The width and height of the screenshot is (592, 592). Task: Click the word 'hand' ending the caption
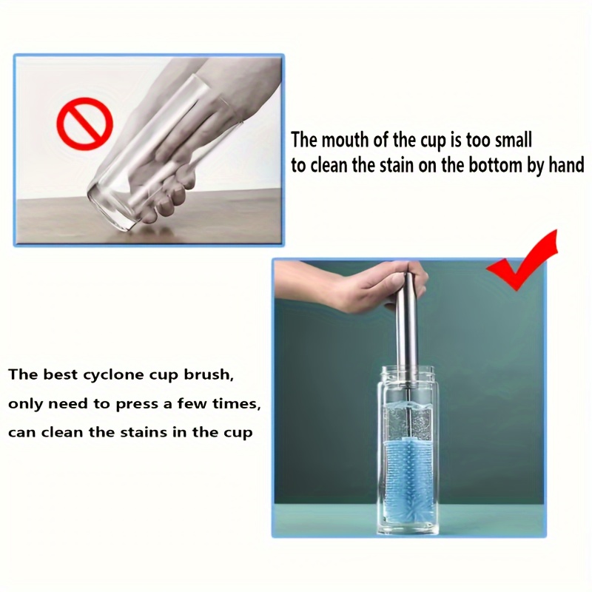point(565,165)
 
